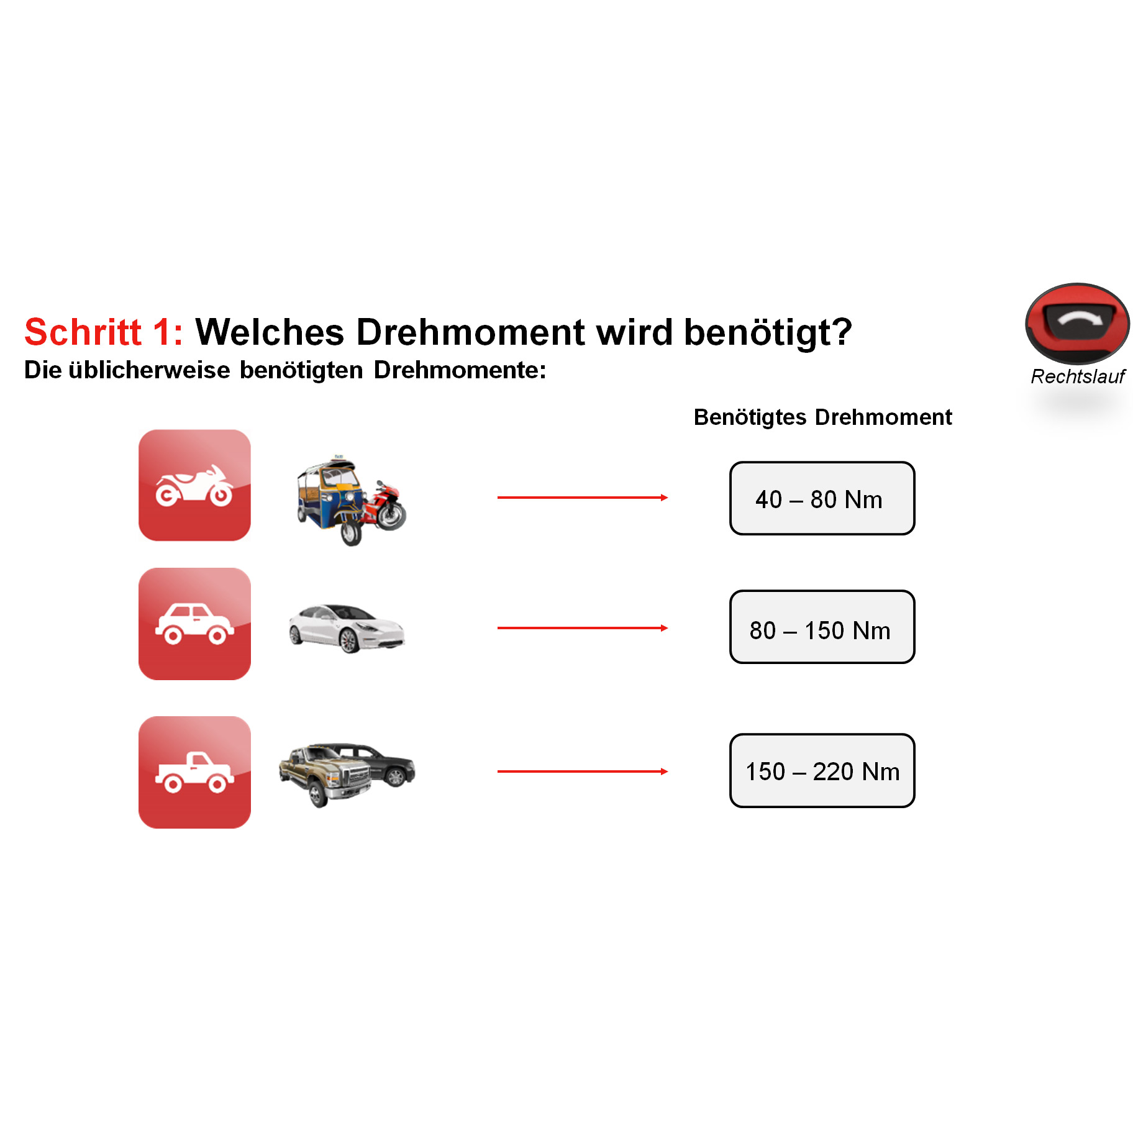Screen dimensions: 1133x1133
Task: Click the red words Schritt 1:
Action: (104, 332)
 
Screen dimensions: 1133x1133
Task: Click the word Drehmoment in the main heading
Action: (470, 332)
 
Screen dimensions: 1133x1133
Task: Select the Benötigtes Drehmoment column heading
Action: (822, 417)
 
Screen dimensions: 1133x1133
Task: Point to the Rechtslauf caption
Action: (1078, 376)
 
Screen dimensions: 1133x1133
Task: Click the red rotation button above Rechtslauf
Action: (1078, 323)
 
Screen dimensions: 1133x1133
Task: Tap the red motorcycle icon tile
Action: (194, 485)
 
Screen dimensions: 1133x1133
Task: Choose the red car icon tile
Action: (194, 624)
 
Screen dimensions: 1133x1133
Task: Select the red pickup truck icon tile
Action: (194, 772)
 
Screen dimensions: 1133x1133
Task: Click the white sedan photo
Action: (347, 627)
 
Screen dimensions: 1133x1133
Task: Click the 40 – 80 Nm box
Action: (822, 498)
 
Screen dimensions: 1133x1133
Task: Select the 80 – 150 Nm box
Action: (822, 627)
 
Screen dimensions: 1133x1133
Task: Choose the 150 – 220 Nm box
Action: (822, 771)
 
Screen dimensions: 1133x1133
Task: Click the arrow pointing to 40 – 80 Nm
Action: (583, 498)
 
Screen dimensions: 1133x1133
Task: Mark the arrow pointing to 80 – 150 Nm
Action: (583, 628)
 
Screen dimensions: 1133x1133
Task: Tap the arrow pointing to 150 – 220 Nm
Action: (583, 771)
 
